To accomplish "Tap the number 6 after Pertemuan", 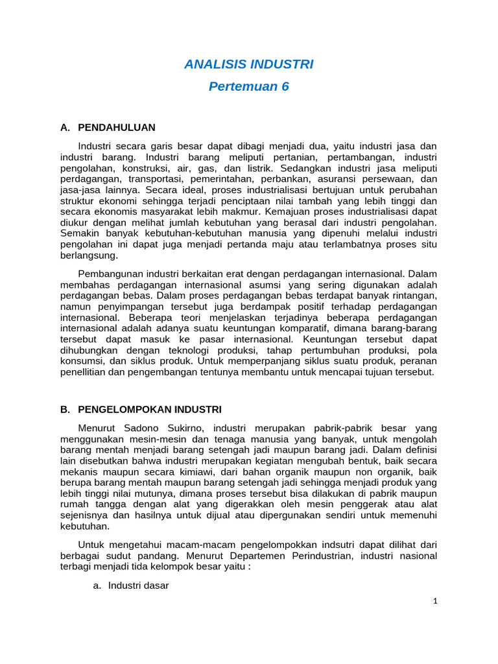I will pyautogui.click(x=285, y=87).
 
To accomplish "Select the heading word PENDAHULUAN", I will pyautogui.click(x=117, y=127).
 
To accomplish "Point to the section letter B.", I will pyautogui.click(x=64, y=410).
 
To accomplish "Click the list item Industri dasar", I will pyautogui.click(x=138, y=586).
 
